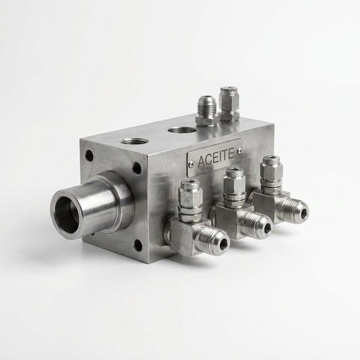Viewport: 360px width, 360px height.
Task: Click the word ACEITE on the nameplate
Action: [216, 158]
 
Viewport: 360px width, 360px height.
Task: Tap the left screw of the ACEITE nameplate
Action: [191, 163]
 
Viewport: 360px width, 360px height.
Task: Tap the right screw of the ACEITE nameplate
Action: [240, 151]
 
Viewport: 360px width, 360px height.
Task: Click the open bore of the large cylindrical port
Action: [67, 215]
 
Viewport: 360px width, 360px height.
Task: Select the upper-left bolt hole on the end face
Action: [89, 156]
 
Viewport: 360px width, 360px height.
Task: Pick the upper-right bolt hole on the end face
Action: [137, 168]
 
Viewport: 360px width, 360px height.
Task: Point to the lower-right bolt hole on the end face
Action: [137, 245]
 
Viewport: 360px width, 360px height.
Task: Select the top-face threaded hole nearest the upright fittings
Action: [182, 130]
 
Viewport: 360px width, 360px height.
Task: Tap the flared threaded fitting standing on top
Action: [207, 111]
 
